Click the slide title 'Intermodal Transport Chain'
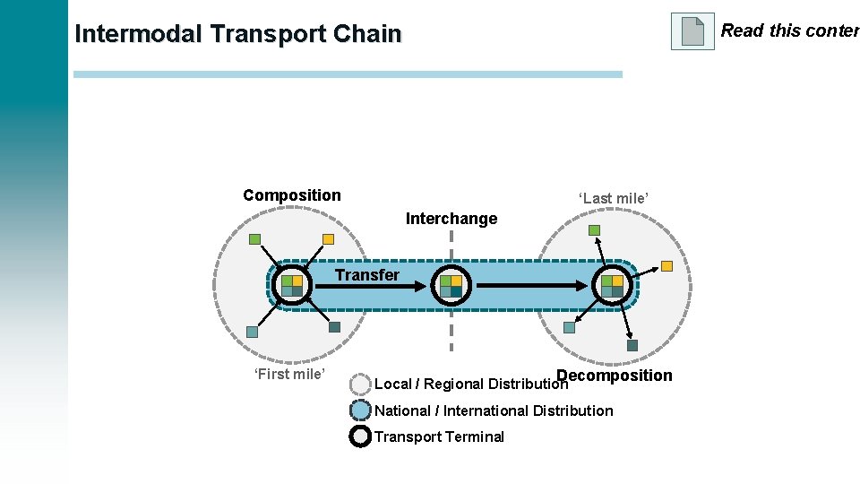pyautogui.click(x=238, y=34)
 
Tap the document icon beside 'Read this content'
pyautogui.click(x=692, y=31)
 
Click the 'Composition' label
pyautogui.click(x=292, y=195)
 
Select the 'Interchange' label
pyautogui.click(x=451, y=219)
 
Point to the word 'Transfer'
pyautogui.click(x=367, y=275)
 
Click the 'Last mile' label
pyautogui.click(x=613, y=197)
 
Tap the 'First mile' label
pyautogui.click(x=289, y=374)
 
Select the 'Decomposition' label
pyautogui.click(x=615, y=376)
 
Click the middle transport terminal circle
pyautogui.click(x=451, y=285)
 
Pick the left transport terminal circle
pyautogui.click(x=292, y=285)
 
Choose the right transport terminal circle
pyautogui.click(x=613, y=285)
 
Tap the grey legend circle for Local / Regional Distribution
pyautogui.click(x=360, y=385)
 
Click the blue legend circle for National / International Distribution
pyautogui.click(x=360, y=411)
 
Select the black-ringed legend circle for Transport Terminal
pyautogui.click(x=360, y=436)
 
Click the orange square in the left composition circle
pyautogui.click(x=328, y=239)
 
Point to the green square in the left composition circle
pyautogui.click(x=254, y=239)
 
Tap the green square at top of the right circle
pyautogui.click(x=594, y=230)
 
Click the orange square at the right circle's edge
pyautogui.click(x=666, y=265)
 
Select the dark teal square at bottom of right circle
pyautogui.click(x=632, y=345)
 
